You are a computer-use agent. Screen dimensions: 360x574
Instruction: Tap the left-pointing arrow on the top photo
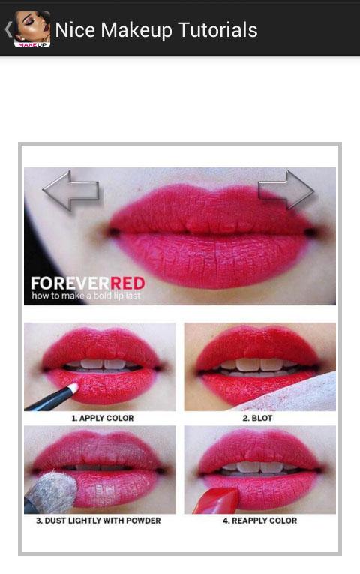click(70, 191)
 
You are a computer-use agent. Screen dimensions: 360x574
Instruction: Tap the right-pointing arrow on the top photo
click(286, 190)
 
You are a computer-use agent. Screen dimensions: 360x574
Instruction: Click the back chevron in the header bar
click(9, 30)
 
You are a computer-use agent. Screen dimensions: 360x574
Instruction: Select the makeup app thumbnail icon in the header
click(32, 29)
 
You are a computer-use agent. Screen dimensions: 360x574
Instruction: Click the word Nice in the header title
click(75, 30)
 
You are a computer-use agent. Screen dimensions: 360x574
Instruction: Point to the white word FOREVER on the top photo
click(70, 284)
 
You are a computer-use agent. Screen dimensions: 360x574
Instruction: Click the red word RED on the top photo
click(127, 284)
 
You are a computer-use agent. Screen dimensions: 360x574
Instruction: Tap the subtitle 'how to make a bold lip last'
click(86, 296)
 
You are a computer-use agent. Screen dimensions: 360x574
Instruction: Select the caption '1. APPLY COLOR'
click(103, 418)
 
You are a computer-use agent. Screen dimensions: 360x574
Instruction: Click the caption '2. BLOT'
click(257, 418)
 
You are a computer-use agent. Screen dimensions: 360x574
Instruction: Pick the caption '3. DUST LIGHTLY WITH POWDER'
click(98, 521)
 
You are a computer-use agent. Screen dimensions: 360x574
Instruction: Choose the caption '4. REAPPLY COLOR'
click(259, 521)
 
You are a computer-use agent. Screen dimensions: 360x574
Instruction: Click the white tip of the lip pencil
click(73, 388)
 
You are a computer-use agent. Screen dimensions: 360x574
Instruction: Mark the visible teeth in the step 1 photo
click(103, 365)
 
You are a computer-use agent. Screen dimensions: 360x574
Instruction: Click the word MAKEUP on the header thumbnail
click(32, 45)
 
